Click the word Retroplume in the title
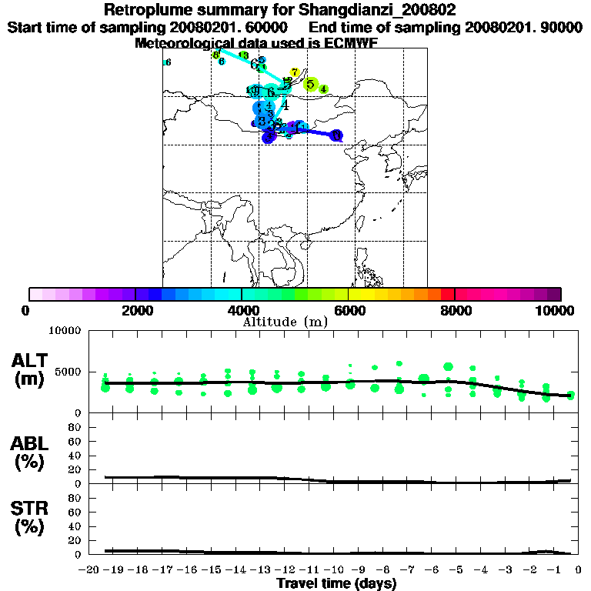pyautogui.click(x=142, y=11)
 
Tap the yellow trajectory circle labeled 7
pyautogui.click(x=295, y=72)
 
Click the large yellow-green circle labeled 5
pyautogui.click(x=311, y=84)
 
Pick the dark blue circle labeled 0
pyautogui.click(x=336, y=135)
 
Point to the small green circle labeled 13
pyautogui.click(x=243, y=55)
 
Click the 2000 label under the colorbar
pyautogui.click(x=135, y=310)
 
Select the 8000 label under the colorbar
pyautogui.click(x=455, y=310)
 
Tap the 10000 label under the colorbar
pyautogui.click(x=555, y=310)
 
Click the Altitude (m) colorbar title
pyautogui.click(x=285, y=322)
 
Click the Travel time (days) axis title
pyautogui.click(x=337, y=584)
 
